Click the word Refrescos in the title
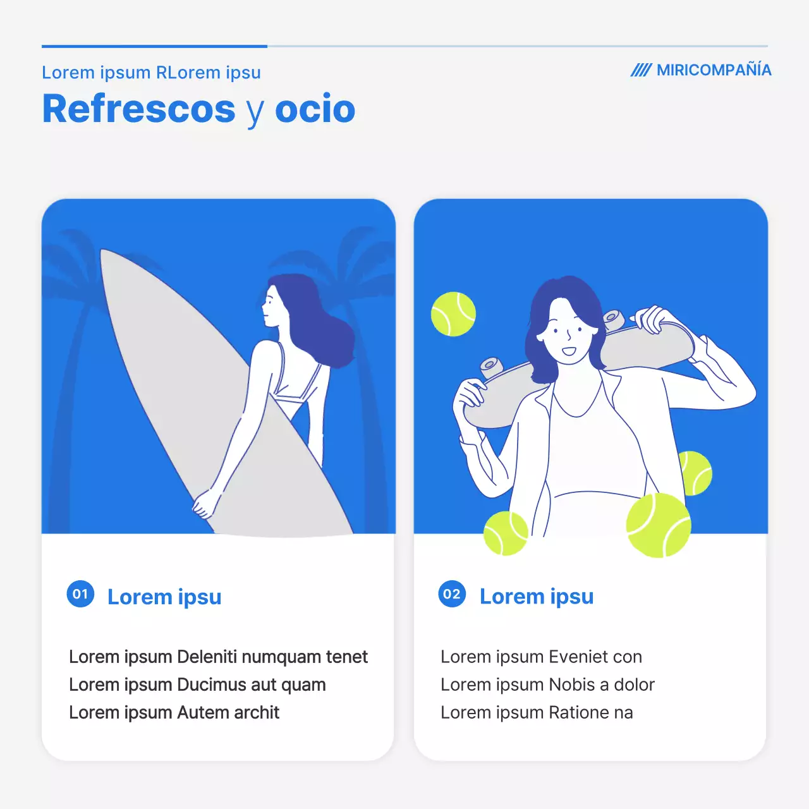click(x=138, y=109)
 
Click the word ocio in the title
click(x=315, y=109)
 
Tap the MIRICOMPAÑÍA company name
click(x=714, y=70)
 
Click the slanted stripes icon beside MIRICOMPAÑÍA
click(x=641, y=70)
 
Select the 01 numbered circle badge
click(x=80, y=593)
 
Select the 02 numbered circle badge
click(x=452, y=593)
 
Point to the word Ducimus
click(x=211, y=684)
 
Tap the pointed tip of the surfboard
click(x=102, y=251)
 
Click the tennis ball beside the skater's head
click(x=453, y=314)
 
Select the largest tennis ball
click(x=659, y=525)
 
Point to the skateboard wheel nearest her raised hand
click(x=614, y=319)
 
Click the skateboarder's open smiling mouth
click(x=568, y=350)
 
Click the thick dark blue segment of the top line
click(x=154, y=46)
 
